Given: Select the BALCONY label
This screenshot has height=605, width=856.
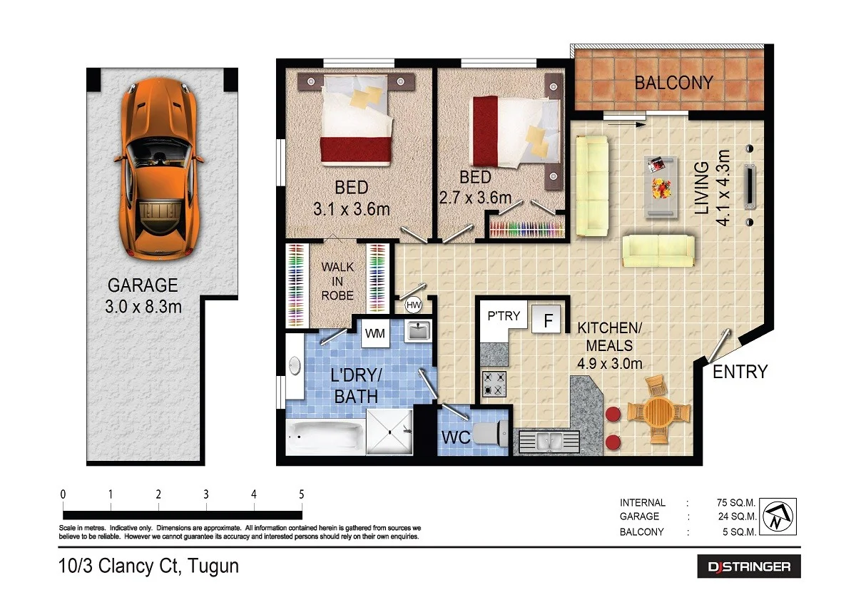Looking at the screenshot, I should point(673,83).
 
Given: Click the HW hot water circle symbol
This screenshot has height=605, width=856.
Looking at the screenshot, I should point(412,305).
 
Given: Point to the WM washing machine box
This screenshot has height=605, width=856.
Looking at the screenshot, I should point(374,333).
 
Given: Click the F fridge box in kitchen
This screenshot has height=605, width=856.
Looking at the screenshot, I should point(548,320).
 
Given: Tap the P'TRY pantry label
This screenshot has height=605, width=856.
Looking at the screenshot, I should point(504,316).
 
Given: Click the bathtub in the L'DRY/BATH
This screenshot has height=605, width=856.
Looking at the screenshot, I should point(325,435).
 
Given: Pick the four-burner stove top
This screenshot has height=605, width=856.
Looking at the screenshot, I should point(495,383).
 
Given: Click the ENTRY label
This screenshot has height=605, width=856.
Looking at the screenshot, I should point(740,372).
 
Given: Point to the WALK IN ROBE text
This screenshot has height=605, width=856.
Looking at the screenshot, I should point(337,280).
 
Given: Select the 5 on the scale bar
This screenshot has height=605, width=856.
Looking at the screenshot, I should point(301,494).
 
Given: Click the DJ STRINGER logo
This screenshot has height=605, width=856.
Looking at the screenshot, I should point(748,566).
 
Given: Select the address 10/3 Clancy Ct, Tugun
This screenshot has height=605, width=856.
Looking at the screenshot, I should point(148,566).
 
